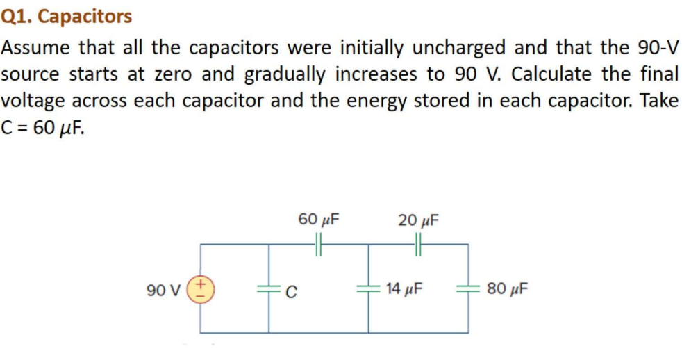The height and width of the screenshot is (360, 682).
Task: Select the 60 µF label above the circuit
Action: pos(319,220)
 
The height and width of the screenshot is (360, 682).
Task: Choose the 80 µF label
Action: pos(507,288)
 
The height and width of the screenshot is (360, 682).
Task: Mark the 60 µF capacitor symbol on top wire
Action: pos(319,244)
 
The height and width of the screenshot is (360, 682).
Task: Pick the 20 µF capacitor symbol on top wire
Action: pos(419,244)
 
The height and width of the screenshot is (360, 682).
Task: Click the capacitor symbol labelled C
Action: pos(269,288)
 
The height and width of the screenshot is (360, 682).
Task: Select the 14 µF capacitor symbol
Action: pos(368,288)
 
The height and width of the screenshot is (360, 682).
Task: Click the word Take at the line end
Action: pos(659,99)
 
